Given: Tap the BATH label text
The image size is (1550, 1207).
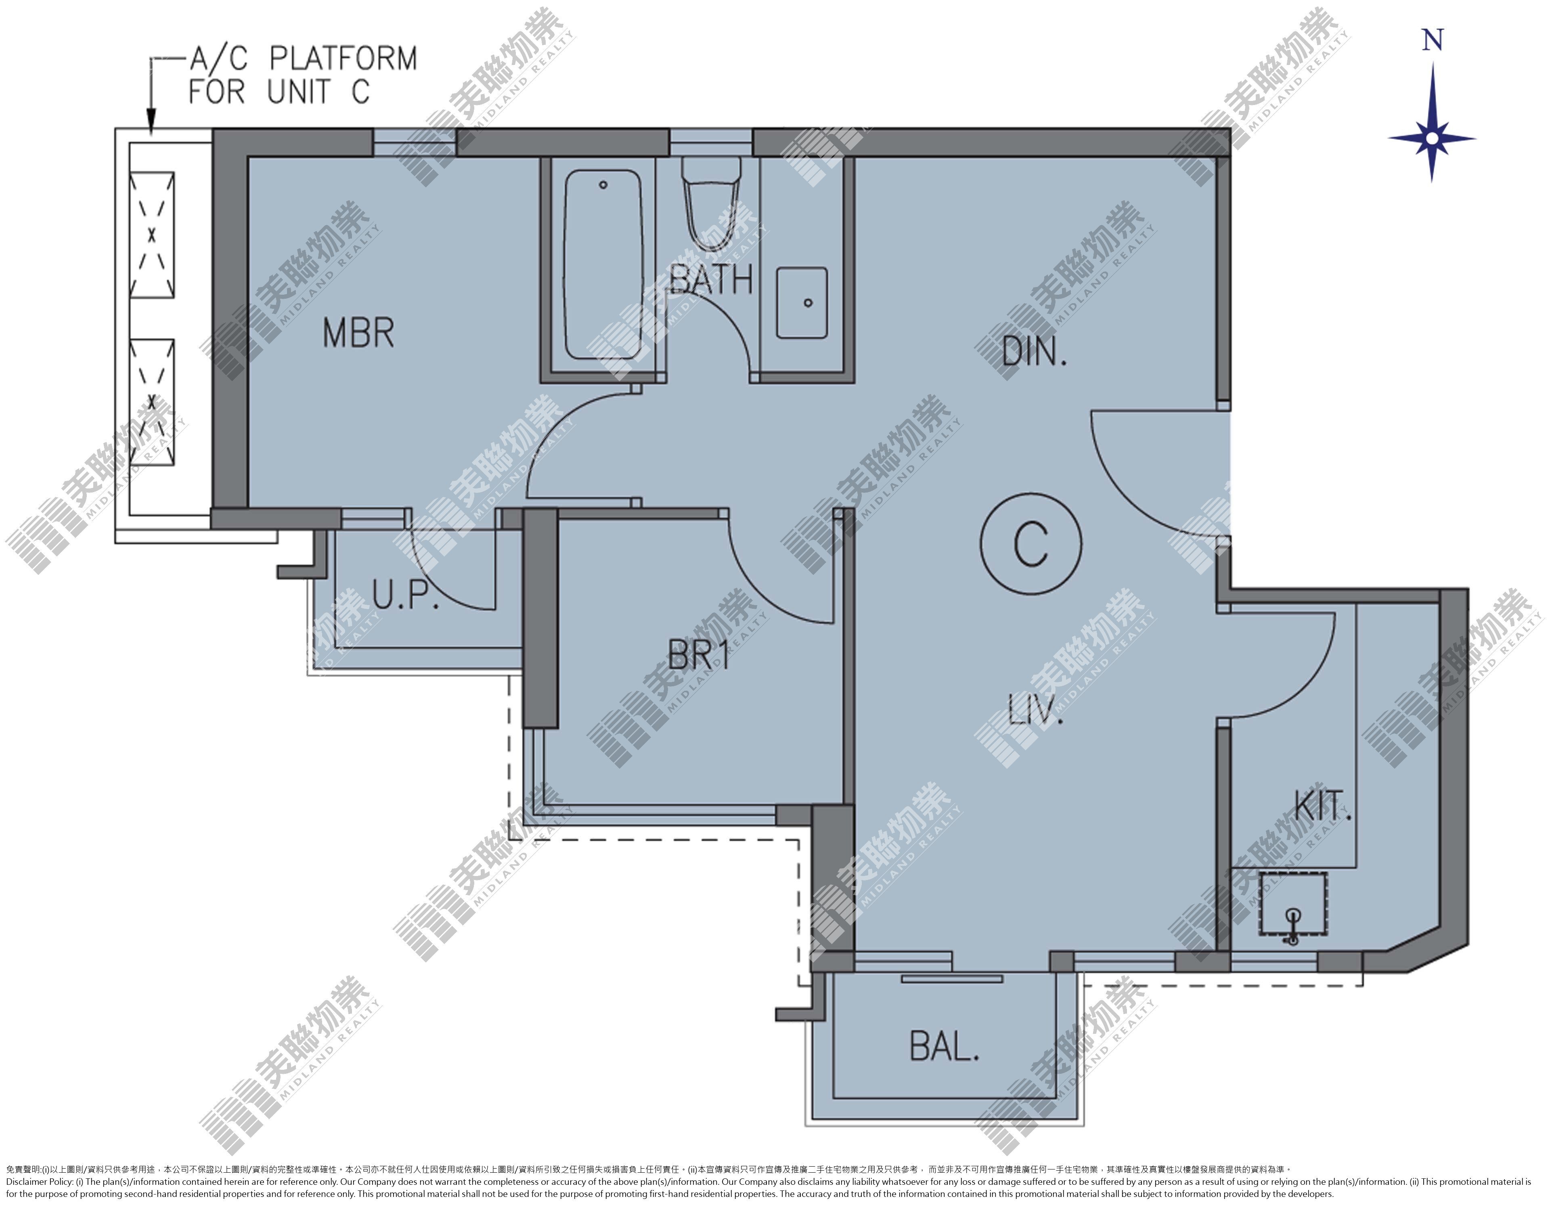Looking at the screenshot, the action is click(x=711, y=279).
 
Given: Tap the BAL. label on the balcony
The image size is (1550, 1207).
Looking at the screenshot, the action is click(x=944, y=1047).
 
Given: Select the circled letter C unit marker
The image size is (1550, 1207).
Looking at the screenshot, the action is click(x=1031, y=543).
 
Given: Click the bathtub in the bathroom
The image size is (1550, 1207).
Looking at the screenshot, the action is click(x=603, y=265).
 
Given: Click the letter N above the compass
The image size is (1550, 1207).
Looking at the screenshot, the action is click(x=1433, y=40).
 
